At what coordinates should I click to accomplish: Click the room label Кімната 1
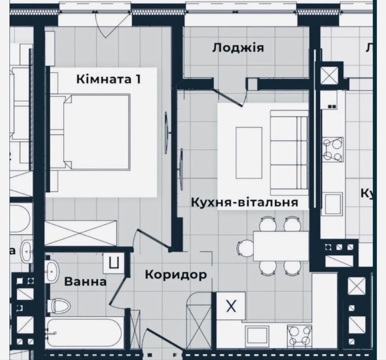[108, 79]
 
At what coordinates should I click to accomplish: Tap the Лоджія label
[238, 48]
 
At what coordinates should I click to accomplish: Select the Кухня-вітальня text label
[244, 202]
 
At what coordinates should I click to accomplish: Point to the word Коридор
[176, 274]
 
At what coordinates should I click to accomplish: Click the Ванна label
[85, 282]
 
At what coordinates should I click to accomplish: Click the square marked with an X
[231, 306]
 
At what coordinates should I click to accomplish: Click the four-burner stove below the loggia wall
[333, 149]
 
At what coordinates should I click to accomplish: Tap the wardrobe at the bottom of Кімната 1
[82, 232]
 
